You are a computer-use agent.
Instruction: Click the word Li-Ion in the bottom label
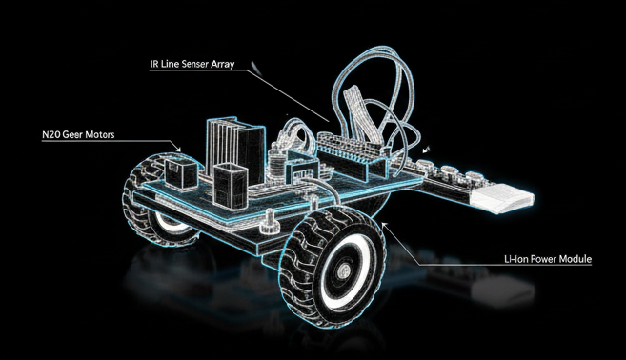coord(519,258)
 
